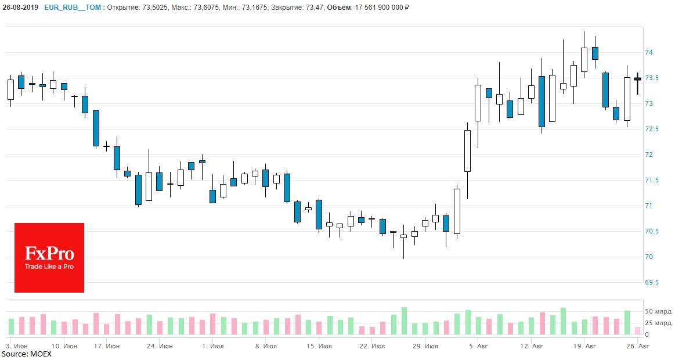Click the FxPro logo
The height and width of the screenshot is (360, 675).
(x=49, y=257)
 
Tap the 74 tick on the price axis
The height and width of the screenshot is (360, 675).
(x=649, y=52)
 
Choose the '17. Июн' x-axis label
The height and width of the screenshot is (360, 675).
(x=107, y=346)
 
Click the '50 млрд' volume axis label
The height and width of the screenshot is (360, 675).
(x=658, y=312)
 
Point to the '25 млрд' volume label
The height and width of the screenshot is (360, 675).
(x=658, y=323)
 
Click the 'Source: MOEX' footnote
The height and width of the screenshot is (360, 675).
(x=26, y=354)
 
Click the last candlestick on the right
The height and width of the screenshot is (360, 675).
(x=637, y=79)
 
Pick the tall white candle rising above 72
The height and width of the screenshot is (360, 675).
(x=467, y=150)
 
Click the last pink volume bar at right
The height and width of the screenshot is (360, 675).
(x=637, y=331)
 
